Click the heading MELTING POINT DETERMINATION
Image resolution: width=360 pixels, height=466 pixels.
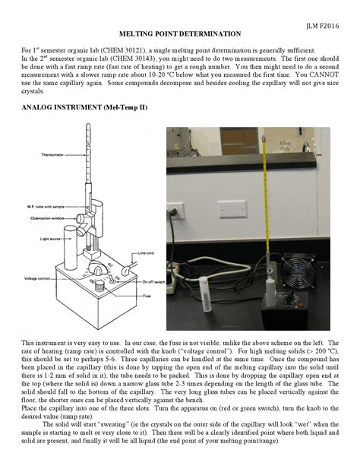point(180,34)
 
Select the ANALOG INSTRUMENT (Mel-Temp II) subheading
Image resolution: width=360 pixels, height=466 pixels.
point(85,108)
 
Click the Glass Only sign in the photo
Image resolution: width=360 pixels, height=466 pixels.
point(307,147)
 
